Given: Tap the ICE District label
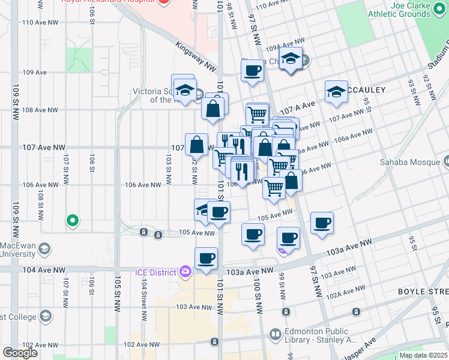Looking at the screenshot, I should [x=155, y=272].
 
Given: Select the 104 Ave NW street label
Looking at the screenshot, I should [x=43, y=271].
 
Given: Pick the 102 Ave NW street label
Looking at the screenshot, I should [x=142, y=345].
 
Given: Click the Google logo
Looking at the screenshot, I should [x=20, y=353].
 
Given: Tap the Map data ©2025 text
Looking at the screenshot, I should [x=423, y=355].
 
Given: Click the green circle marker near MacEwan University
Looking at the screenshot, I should [x=73, y=221].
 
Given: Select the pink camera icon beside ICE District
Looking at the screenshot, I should [x=185, y=272].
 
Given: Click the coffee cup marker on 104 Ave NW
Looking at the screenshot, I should [x=206, y=259].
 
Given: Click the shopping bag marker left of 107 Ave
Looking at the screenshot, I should [x=196, y=145].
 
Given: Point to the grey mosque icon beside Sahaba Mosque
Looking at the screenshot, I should [x=445, y=161].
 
